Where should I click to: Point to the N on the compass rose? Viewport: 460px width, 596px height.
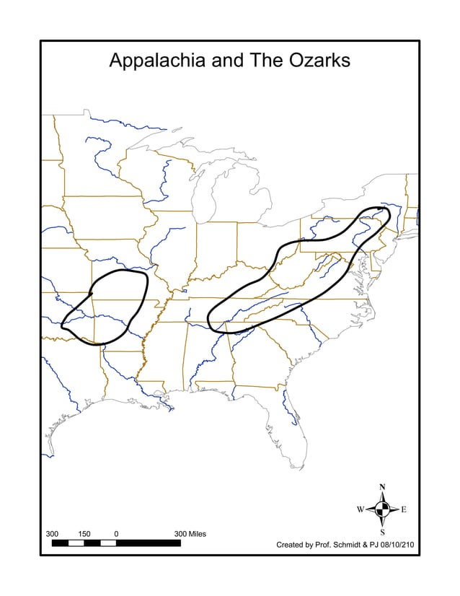(x=382, y=487)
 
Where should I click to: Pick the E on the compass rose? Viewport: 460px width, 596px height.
(x=404, y=510)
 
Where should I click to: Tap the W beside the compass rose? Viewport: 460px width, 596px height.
(x=360, y=510)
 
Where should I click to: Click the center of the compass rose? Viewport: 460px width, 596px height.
(x=382, y=510)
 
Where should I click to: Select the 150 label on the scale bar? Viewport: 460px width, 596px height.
(x=84, y=534)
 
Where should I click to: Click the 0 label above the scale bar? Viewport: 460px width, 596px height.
(x=116, y=534)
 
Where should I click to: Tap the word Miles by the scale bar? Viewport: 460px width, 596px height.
(x=195, y=534)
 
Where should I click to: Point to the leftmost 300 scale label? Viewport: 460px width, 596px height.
(x=52, y=534)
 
